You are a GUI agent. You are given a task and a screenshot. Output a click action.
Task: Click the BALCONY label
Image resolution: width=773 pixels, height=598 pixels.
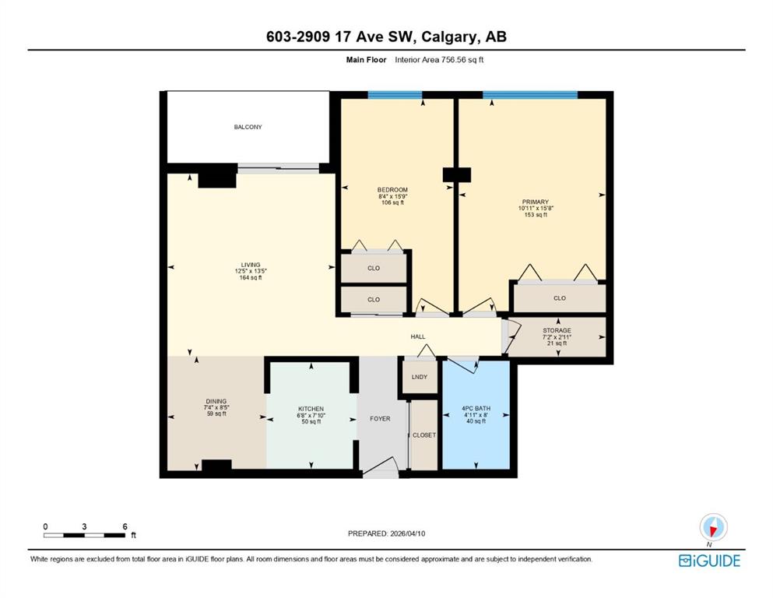(x=248, y=127)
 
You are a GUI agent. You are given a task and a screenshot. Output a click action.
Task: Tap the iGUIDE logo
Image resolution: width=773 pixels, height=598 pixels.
(x=709, y=561)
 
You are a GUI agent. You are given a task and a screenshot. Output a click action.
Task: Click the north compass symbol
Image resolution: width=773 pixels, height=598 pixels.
(x=713, y=527)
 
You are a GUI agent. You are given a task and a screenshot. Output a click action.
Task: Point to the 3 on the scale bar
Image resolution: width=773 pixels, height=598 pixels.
(x=84, y=526)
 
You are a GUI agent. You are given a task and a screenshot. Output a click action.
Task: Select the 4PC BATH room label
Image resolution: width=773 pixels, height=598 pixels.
(x=476, y=408)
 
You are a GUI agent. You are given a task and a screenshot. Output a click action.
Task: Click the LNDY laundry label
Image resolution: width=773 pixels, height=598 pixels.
(x=419, y=377)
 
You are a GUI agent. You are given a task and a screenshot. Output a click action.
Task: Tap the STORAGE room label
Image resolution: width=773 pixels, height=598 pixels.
(x=557, y=330)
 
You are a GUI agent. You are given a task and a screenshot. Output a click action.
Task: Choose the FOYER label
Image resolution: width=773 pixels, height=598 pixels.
(x=380, y=419)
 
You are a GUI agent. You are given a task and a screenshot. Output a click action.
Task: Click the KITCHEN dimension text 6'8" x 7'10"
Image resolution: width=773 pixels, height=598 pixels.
(x=311, y=415)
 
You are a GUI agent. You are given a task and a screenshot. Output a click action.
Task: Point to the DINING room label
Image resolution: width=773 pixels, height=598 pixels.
(x=216, y=401)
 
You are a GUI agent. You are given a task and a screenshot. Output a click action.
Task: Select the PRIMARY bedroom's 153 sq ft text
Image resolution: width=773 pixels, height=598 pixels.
(x=536, y=214)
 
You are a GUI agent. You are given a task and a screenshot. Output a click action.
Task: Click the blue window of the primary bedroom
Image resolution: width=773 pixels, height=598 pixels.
(x=530, y=95)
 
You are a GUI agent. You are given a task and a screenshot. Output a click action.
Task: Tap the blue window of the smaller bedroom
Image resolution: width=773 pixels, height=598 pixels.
(x=395, y=95)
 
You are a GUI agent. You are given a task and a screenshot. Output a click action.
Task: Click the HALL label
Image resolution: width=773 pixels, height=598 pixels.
(x=418, y=336)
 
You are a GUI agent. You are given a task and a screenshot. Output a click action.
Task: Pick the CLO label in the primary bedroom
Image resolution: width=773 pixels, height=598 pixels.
(x=560, y=298)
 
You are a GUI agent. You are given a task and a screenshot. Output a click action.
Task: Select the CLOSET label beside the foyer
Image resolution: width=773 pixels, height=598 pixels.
(x=424, y=435)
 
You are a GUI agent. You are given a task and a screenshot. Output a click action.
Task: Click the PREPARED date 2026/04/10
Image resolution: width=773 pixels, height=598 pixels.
(x=407, y=533)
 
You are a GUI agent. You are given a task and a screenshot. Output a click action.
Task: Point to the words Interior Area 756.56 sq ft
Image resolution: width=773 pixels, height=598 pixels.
(x=439, y=60)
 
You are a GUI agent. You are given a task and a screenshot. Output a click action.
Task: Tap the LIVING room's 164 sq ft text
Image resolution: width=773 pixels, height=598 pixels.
(x=251, y=277)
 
